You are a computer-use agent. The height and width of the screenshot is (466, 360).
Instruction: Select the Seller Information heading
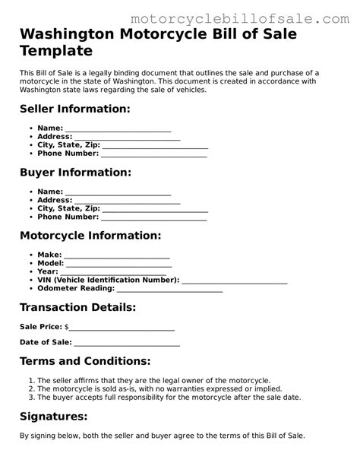tap(74, 109)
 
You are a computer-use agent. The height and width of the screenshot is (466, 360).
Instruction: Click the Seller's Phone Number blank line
tap(154, 155)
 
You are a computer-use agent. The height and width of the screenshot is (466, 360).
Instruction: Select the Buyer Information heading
tap(74, 173)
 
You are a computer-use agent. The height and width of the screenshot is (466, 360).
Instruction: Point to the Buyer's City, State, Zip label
tap(68, 208)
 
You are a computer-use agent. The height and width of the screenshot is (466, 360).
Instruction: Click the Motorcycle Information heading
tap(90, 236)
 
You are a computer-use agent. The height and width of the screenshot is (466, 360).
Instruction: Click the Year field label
tap(47, 271)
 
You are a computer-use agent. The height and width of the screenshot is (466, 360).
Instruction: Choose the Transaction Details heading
tap(77, 307)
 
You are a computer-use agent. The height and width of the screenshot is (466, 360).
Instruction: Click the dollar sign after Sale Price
tap(67, 328)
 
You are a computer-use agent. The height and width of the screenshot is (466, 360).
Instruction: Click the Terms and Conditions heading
tap(85, 360)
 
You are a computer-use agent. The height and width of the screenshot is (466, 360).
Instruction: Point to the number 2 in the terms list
tap(30, 388)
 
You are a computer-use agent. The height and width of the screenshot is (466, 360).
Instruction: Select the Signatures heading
tap(53, 416)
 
